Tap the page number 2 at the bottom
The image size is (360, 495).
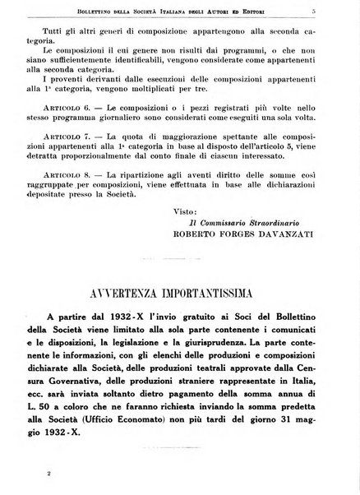tap(49, 473)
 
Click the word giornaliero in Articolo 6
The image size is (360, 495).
tap(122, 139)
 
